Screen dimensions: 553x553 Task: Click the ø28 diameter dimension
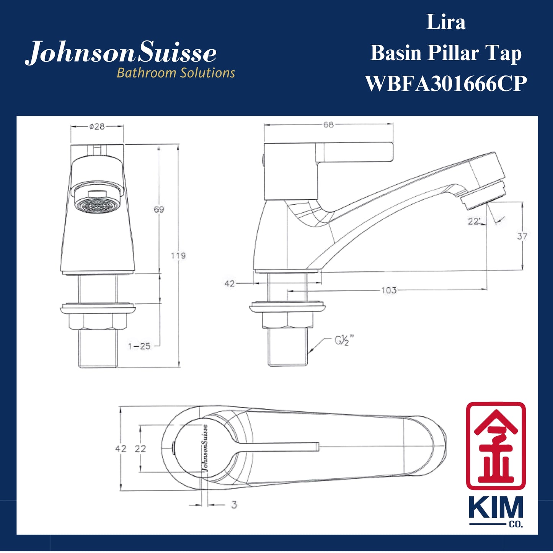(x=97, y=126)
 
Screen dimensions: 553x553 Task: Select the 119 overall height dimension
(x=178, y=255)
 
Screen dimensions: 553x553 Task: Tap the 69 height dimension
(x=159, y=209)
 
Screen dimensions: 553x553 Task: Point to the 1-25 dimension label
(x=139, y=346)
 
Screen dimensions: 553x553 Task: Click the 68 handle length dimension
(x=328, y=124)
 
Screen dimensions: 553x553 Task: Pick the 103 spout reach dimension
(x=388, y=290)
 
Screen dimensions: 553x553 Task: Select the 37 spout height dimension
(x=522, y=236)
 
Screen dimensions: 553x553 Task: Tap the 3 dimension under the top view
(x=234, y=505)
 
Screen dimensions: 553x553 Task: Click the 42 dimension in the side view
(x=229, y=284)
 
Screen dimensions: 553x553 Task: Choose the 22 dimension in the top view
(x=140, y=449)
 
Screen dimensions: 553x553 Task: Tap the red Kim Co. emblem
(x=496, y=446)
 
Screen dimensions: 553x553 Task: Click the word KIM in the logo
(x=496, y=508)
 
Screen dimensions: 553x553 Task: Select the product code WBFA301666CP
(x=446, y=83)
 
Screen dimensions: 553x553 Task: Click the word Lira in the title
(x=446, y=22)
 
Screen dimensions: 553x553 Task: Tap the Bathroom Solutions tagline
(x=176, y=73)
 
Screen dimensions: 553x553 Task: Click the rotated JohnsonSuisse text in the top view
(x=205, y=448)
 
